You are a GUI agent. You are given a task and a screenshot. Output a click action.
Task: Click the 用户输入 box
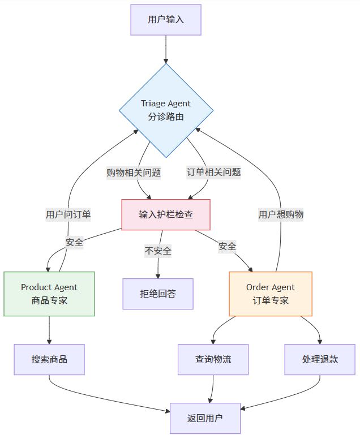point(166,20)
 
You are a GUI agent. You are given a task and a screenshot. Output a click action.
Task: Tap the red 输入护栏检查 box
point(166,214)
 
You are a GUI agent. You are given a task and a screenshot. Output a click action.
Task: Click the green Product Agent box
point(49,294)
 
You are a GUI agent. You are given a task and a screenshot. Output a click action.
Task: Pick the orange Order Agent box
point(271,294)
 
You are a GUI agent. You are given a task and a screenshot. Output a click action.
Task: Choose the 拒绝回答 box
point(158,294)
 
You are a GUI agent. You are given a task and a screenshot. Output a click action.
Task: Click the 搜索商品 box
point(49,359)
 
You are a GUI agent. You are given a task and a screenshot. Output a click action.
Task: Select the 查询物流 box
point(213,359)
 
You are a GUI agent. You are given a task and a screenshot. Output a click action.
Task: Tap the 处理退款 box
point(320,359)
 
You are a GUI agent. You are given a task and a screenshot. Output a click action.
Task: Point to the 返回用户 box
point(205,418)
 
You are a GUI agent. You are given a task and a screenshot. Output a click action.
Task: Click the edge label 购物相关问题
point(134,173)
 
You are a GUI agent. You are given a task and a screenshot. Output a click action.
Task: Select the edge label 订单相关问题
point(214,173)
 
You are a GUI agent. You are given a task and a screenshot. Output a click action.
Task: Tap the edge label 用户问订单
point(68,214)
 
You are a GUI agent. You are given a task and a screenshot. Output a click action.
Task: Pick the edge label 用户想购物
point(281,214)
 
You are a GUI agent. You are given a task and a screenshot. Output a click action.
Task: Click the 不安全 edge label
point(158,251)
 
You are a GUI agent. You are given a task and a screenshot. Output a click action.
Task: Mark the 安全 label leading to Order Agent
point(227,247)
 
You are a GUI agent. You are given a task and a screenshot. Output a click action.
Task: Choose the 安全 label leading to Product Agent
point(74,243)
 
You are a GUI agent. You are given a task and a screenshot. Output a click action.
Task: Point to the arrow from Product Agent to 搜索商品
point(49,330)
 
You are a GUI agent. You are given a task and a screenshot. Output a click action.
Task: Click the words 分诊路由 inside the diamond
point(166,117)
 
